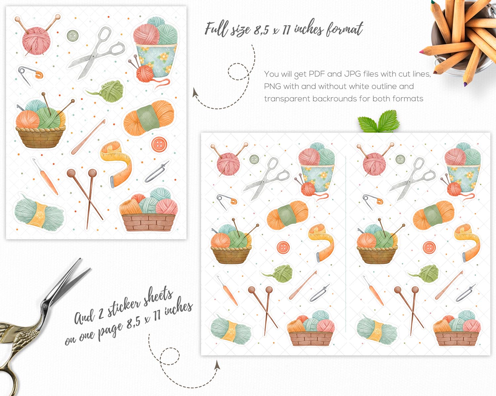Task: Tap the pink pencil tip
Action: (x=421, y=52)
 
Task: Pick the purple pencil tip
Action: (x=465, y=84)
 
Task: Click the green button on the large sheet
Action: (x=73, y=36)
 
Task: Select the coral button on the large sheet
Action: (x=159, y=144)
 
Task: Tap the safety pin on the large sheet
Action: (x=30, y=75)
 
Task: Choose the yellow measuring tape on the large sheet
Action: (x=117, y=164)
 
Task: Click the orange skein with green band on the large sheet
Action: (x=149, y=118)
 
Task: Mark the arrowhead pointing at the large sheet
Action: (x=195, y=92)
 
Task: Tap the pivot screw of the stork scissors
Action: (x=44, y=306)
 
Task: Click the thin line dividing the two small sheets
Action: (x=346, y=244)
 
